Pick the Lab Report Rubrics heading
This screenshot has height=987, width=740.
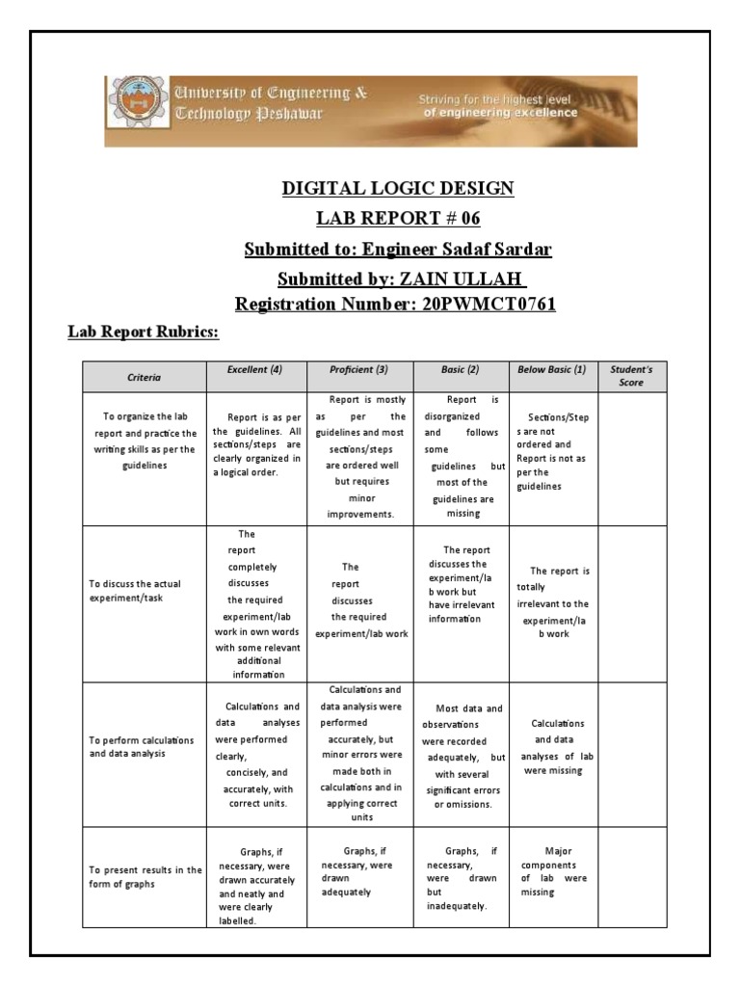coord(143,333)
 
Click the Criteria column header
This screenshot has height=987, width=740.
coord(144,377)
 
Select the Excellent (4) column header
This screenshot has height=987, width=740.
coord(254,370)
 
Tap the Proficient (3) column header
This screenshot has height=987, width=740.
coord(358,370)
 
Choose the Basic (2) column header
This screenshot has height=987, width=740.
coord(462,370)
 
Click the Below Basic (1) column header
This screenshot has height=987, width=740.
coord(552,370)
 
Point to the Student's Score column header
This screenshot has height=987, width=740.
coord(631,376)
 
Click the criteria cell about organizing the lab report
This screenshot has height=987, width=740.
coord(144,441)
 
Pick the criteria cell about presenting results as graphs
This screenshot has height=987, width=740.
coord(144,877)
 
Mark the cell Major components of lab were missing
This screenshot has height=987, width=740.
coord(552,871)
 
